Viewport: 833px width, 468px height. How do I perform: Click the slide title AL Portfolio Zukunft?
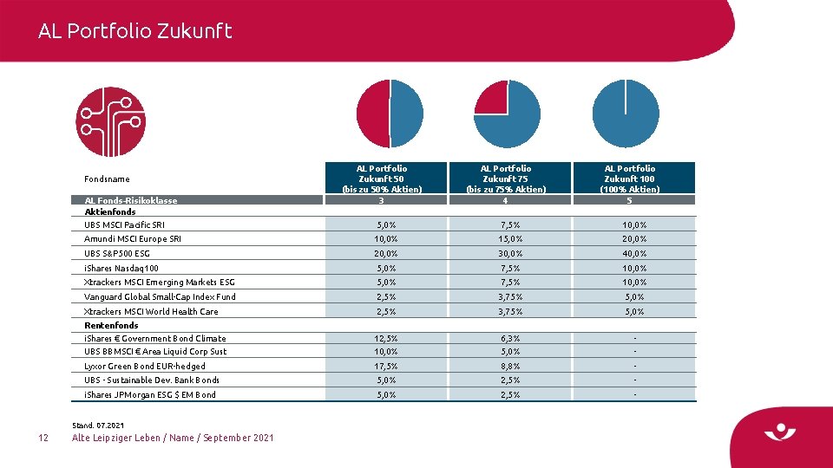click(x=135, y=31)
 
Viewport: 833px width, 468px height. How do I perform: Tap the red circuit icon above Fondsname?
click(x=110, y=121)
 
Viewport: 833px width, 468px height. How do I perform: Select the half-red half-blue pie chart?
click(x=390, y=114)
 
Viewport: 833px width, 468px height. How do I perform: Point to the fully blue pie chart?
click(x=625, y=114)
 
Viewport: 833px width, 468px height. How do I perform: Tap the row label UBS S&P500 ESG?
click(x=117, y=254)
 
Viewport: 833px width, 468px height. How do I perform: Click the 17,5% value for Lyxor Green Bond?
click(x=385, y=367)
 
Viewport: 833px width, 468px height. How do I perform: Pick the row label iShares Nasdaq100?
click(x=121, y=269)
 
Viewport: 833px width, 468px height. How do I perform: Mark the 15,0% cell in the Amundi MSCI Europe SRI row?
click(x=509, y=239)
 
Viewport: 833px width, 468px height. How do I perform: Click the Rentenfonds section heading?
click(x=112, y=326)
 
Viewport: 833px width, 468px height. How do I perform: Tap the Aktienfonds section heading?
click(x=110, y=211)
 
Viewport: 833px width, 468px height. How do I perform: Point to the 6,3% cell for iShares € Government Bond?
click(x=509, y=339)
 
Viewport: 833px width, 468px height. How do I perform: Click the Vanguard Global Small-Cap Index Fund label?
click(x=160, y=297)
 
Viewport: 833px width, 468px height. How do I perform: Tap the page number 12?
click(x=44, y=438)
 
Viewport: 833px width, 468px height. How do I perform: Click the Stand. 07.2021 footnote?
click(x=97, y=425)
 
